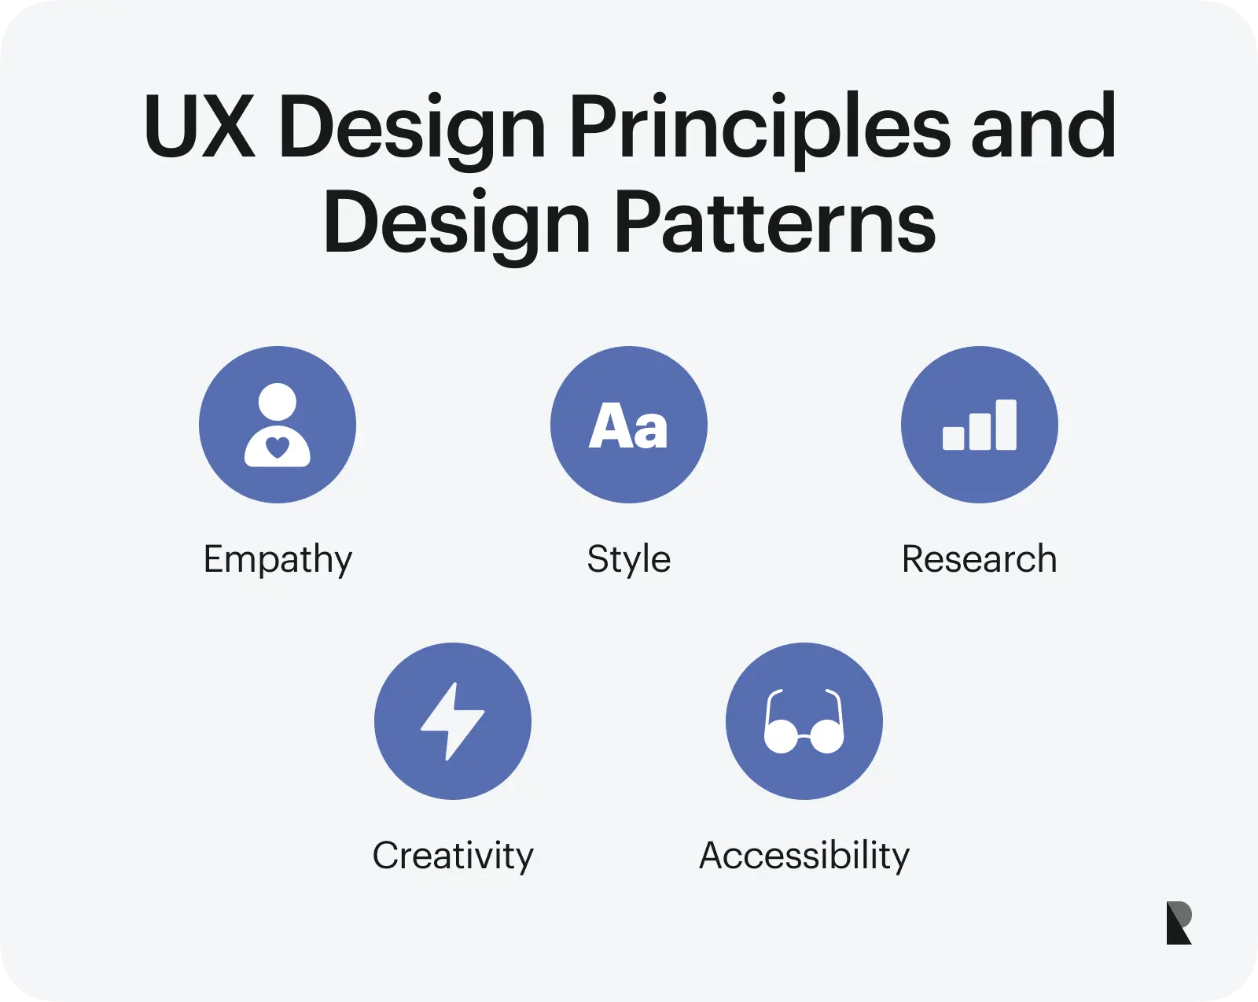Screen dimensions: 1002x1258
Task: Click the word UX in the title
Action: click(x=200, y=127)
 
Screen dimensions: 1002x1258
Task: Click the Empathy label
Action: click(x=278, y=560)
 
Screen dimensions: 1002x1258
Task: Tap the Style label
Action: click(x=628, y=560)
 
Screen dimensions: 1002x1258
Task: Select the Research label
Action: click(x=979, y=559)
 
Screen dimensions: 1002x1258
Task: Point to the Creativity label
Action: click(x=453, y=856)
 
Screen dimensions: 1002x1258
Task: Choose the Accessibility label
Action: click(x=804, y=856)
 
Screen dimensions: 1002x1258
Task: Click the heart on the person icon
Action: click(x=278, y=448)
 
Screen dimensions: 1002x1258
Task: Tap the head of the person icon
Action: click(x=278, y=402)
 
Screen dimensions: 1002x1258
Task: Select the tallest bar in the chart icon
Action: click(x=1006, y=425)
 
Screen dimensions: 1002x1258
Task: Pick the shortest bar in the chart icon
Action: click(x=953, y=437)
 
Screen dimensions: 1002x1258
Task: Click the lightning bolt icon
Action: click(x=452, y=721)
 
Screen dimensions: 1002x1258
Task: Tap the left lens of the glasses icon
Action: click(x=781, y=737)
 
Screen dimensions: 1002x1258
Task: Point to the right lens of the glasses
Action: click(x=827, y=737)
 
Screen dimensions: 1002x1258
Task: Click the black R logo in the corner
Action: click(x=1179, y=923)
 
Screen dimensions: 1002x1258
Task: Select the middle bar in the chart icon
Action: click(x=980, y=431)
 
